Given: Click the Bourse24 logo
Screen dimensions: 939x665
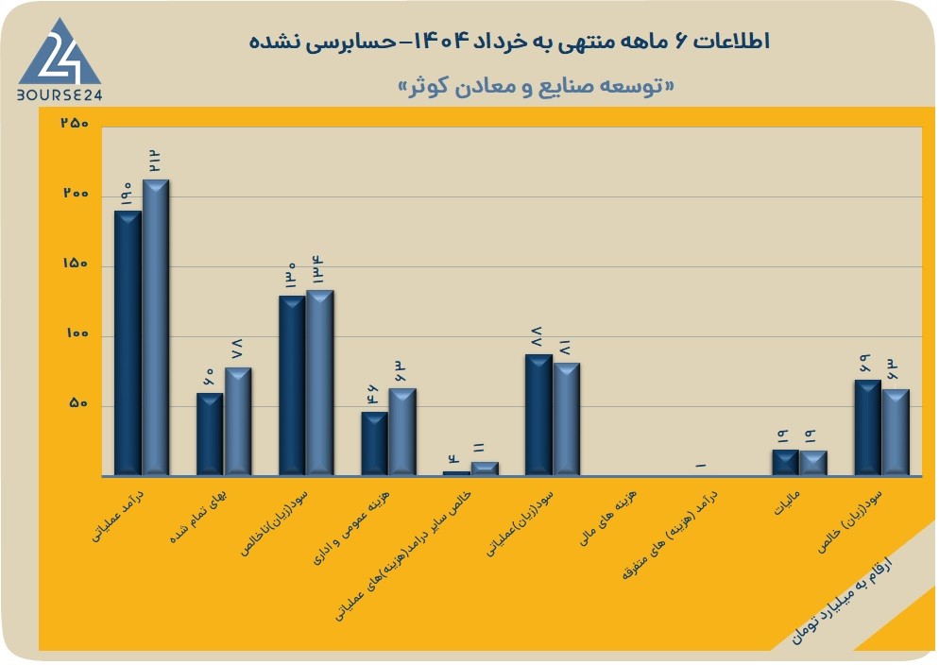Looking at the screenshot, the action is click(x=60, y=60).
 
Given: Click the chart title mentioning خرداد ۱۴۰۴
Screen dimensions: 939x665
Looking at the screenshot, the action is click(x=509, y=42).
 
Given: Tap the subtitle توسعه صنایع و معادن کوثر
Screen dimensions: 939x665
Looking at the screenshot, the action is click(x=536, y=86).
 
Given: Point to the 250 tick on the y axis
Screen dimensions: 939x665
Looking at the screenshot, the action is click(x=75, y=123).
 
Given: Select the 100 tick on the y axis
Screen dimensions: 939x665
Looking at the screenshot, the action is click(x=76, y=333).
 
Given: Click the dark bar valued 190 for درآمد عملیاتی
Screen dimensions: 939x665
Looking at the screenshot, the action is click(x=128, y=343).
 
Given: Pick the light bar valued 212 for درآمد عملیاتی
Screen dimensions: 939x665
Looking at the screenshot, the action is click(x=156, y=328).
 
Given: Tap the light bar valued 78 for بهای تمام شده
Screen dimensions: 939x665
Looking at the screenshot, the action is click(x=238, y=421).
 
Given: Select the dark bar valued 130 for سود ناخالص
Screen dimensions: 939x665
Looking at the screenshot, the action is click(x=292, y=385).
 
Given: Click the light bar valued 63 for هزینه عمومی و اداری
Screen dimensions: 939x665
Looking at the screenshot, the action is click(x=402, y=432).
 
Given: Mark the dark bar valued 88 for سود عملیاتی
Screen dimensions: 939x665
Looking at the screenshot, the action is click(x=539, y=415).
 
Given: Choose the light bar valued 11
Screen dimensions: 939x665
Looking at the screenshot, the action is click(x=485, y=469).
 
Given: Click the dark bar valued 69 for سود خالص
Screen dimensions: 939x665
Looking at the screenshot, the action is click(x=868, y=427).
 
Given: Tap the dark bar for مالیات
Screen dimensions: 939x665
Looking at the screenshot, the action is click(x=786, y=463).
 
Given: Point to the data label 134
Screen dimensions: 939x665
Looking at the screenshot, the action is click(x=318, y=269).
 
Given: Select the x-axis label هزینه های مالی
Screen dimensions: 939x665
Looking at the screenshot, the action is click(x=608, y=519).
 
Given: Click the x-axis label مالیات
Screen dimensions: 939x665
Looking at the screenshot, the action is click(x=787, y=503).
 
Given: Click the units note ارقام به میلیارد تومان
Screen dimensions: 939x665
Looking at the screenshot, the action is click(x=842, y=601).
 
